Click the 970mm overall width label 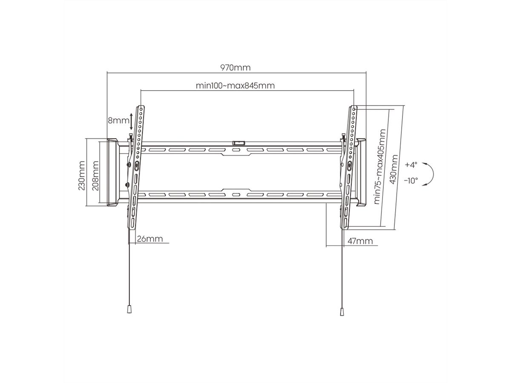pyautogui.click(x=235, y=67)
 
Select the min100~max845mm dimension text pyautogui.click(x=235, y=86)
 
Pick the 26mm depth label pyautogui.click(x=150, y=239)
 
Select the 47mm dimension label pyautogui.click(x=360, y=241)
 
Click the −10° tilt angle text pyautogui.click(x=411, y=180)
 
